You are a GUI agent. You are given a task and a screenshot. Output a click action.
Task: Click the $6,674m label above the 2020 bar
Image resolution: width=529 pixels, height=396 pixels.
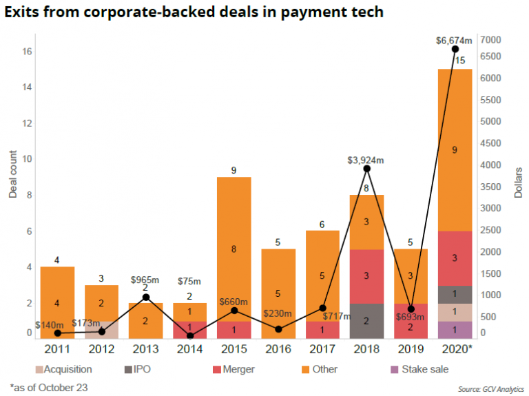point(455,41)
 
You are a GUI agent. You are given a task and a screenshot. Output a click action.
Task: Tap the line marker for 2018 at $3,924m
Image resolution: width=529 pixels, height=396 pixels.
point(367,169)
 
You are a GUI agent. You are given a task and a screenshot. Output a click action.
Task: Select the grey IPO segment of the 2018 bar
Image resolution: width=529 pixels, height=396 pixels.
point(367,321)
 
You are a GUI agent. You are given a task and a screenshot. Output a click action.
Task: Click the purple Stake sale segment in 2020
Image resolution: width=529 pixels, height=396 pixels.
point(455,330)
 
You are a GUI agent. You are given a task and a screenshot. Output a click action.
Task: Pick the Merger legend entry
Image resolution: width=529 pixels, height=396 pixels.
point(234,369)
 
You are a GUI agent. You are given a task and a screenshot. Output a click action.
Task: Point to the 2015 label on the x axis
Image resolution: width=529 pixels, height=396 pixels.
point(234,349)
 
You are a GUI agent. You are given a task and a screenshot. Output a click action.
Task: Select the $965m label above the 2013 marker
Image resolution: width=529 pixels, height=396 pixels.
point(146,280)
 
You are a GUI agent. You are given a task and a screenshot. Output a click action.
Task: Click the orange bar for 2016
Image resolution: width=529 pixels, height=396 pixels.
point(279,293)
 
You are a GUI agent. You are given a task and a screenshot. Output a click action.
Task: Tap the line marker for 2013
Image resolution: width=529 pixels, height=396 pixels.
point(146,297)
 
